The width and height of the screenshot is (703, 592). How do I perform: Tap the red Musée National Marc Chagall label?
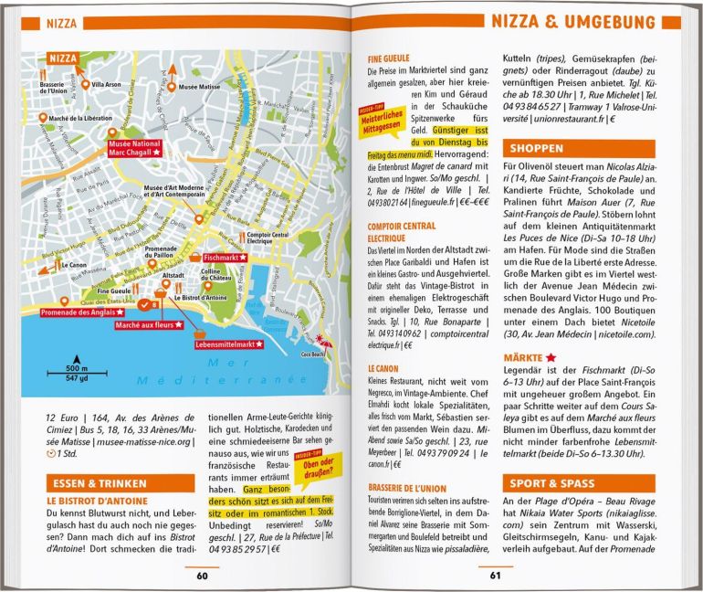pos(135,148)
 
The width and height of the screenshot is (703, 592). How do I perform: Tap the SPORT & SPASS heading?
pos(552,483)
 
